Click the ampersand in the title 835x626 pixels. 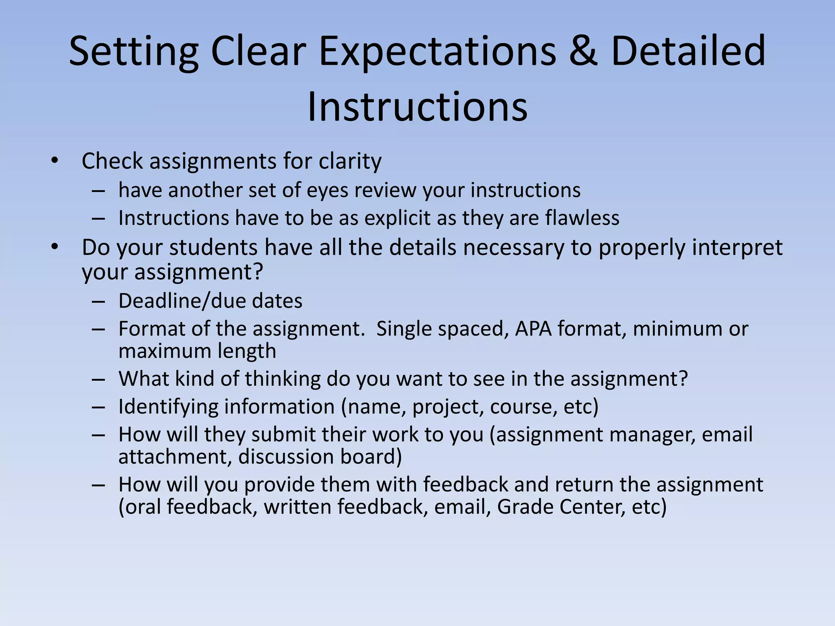click(x=583, y=51)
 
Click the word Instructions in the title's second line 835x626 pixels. click(x=417, y=107)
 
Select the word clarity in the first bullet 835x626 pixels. click(x=350, y=161)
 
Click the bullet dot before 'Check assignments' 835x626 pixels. click(x=55, y=161)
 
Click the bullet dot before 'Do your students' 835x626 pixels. click(x=55, y=247)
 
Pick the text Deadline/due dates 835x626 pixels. click(x=210, y=301)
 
